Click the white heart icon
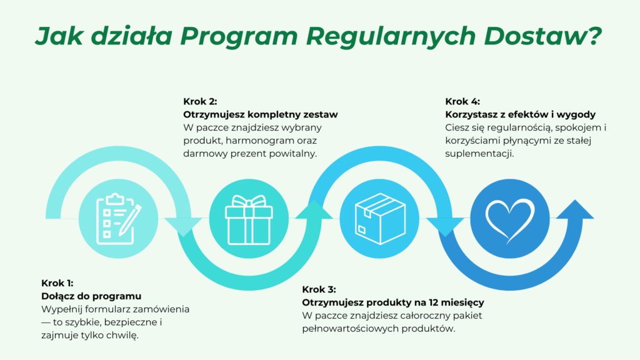[510, 219]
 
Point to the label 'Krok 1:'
[57, 282]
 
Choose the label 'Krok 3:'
[319, 289]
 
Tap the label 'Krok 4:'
[462, 101]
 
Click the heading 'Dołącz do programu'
[91, 296]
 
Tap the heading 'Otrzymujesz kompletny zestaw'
[260, 114]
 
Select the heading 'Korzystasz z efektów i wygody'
[520, 114]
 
